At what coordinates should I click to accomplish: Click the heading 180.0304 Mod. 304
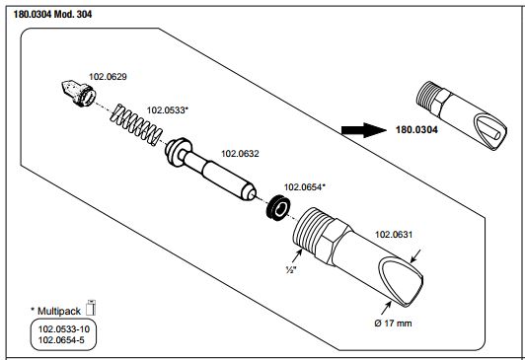pos(52,15)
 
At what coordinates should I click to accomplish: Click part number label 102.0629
pos(108,77)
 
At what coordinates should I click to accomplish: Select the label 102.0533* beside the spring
pos(168,110)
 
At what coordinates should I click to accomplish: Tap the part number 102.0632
pos(240,154)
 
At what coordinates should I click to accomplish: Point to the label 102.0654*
pos(304,187)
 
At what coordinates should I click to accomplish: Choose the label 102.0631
pos(394,234)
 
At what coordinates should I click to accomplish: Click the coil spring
pos(136,125)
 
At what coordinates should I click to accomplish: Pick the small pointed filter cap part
pos(79,93)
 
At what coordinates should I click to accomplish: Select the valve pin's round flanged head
pos(179,152)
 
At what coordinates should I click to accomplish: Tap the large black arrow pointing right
pos(364,130)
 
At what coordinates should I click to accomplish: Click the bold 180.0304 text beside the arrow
pos(416,130)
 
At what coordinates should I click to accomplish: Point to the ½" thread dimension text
pos(291,269)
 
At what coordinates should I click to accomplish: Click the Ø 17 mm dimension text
pos(393,324)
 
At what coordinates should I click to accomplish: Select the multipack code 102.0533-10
pos(64,329)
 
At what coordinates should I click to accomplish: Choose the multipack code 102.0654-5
pos(61,340)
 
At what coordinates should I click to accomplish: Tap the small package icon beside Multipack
pos(91,308)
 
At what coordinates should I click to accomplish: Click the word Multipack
pos(59,311)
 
